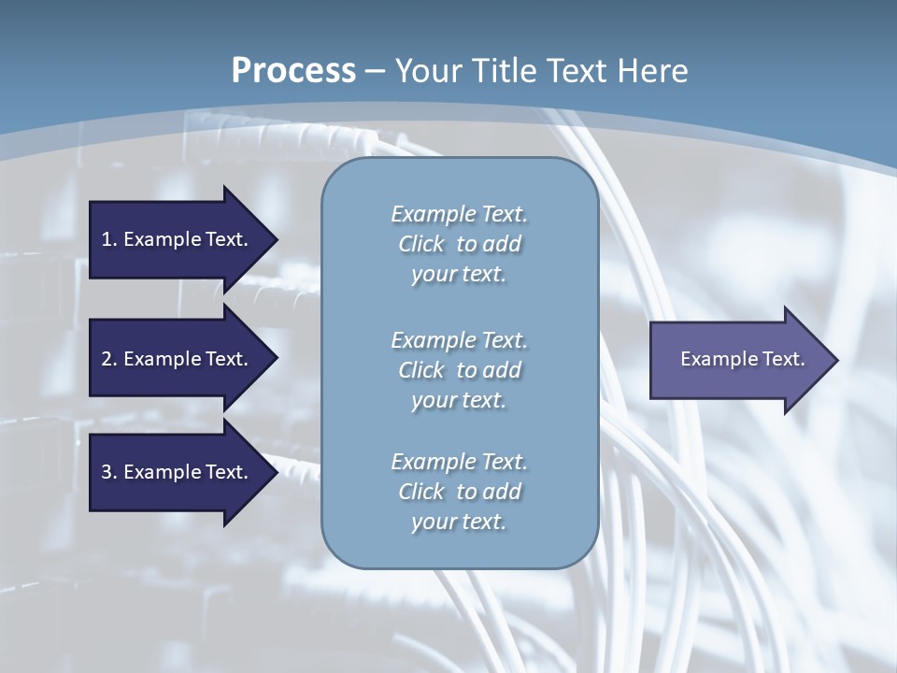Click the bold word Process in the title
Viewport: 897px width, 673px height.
pyautogui.click(x=293, y=71)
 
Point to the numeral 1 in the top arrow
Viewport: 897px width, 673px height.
pyautogui.click(x=107, y=239)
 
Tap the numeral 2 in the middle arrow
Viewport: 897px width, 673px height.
pyautogui.click(x=107, y=359)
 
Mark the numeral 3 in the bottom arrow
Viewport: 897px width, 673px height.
pyautogui.click(x=107, y=472)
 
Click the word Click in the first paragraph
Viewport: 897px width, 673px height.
pyautogui.click(x=421, y=245)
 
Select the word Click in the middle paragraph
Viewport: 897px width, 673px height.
pyautogui.click(x=421, y=370)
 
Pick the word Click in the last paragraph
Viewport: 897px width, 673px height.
pyautogui.click(x=421, y=492)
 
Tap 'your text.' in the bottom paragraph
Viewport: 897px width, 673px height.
pyautogui.click(x=459, y=522)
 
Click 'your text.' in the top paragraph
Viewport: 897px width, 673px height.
pyautogui.click(x=459, y=275)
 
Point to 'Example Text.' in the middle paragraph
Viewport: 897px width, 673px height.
pyautogui.click(x=459, y=340)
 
